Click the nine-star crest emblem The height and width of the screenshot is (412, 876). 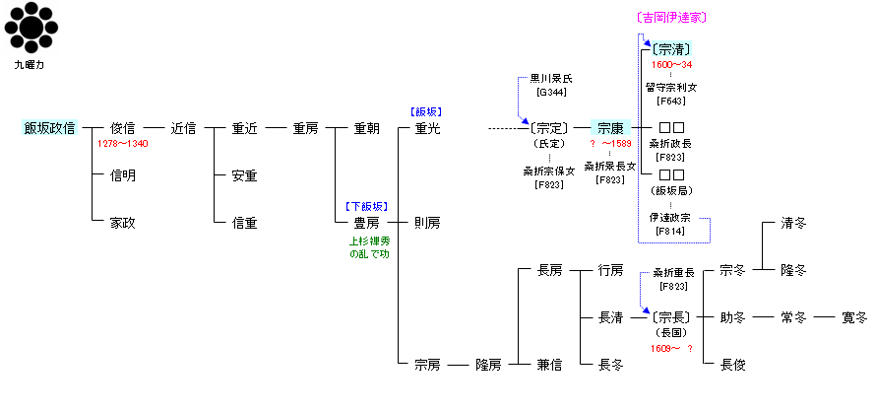(x=33, y=28)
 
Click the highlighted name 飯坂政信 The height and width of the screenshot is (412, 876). (x=49, y=128)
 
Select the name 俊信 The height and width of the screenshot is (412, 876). (x=123, y=128)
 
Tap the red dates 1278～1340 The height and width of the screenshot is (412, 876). (x=123, y=144)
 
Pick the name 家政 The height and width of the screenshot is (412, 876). (x=123, y=223)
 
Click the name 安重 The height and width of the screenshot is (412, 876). (x=244, y=175)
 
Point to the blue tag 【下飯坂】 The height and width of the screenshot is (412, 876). (x=366, y=207)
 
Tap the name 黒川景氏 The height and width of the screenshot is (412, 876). (x=550, y=78)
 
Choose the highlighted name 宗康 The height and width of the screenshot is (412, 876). (x=610, y=128)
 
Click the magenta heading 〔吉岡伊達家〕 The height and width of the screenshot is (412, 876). (x=672, y=18)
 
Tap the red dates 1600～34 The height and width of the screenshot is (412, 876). (x=671, y=65)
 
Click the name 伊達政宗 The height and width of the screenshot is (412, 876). (x=671, y=217)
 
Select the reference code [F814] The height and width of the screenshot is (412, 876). (x=671, y=231)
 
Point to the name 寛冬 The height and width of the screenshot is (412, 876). (x=854, y=317)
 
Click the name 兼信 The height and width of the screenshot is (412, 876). (x=549, y=365)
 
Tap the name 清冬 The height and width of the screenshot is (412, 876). (x=793, y=223)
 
